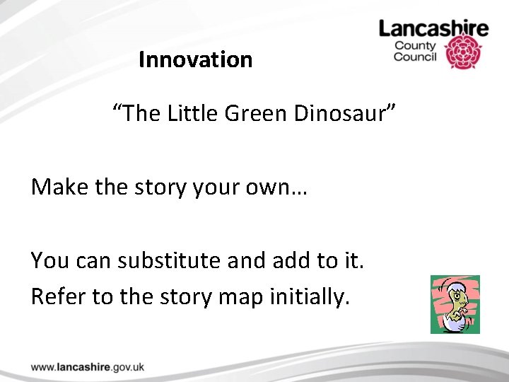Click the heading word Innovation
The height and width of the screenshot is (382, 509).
[x=195, y=60]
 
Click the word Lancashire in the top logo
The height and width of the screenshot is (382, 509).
[x=433, y=28]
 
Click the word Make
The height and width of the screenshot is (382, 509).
[x=59, y=187]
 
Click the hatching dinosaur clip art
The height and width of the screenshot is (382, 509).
[x=455, y=304]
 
